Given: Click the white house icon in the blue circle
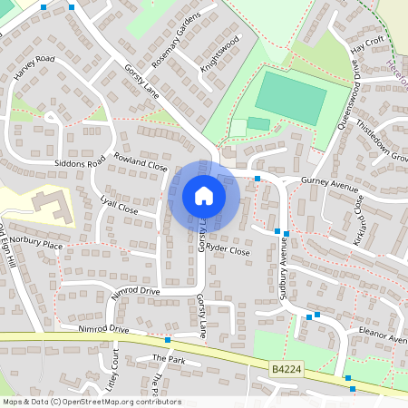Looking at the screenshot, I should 204,196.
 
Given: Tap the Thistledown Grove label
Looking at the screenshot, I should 381,141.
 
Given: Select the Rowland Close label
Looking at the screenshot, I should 141,165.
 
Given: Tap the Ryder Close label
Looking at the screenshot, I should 228,249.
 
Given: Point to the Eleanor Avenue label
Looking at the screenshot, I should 383,335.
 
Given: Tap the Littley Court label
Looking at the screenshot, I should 116,370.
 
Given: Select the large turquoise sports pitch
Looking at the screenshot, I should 290,98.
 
